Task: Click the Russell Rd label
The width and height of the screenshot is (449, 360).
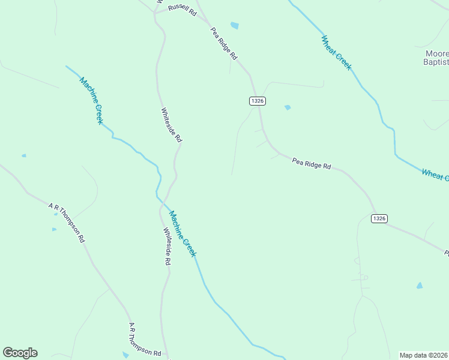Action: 182,10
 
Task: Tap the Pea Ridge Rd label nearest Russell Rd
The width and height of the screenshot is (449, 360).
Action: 224,43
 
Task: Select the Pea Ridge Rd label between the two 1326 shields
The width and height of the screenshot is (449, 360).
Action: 312,163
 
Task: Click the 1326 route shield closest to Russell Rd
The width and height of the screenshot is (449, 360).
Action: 257,101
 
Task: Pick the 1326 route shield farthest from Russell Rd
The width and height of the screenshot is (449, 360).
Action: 379,218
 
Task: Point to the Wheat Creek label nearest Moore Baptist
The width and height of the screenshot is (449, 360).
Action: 336,53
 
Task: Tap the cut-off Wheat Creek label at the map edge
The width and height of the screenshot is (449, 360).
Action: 435,175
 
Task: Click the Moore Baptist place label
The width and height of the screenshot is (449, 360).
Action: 433,57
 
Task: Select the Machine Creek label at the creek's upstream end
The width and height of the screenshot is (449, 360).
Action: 91,100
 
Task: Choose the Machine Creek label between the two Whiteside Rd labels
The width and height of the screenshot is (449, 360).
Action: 182,233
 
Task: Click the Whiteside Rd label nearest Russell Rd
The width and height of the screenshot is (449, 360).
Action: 171,124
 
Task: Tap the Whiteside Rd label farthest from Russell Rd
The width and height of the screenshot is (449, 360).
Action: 167,246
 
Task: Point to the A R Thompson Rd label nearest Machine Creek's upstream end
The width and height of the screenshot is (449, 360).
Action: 67,222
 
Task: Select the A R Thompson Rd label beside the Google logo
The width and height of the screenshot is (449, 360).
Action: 145,341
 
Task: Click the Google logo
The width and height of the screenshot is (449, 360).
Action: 20,353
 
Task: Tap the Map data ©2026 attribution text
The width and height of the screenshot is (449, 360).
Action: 424,355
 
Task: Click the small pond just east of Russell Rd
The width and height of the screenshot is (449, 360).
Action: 234,25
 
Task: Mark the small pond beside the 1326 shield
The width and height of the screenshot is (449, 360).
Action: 288,107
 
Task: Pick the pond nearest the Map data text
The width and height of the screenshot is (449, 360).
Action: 420,286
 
